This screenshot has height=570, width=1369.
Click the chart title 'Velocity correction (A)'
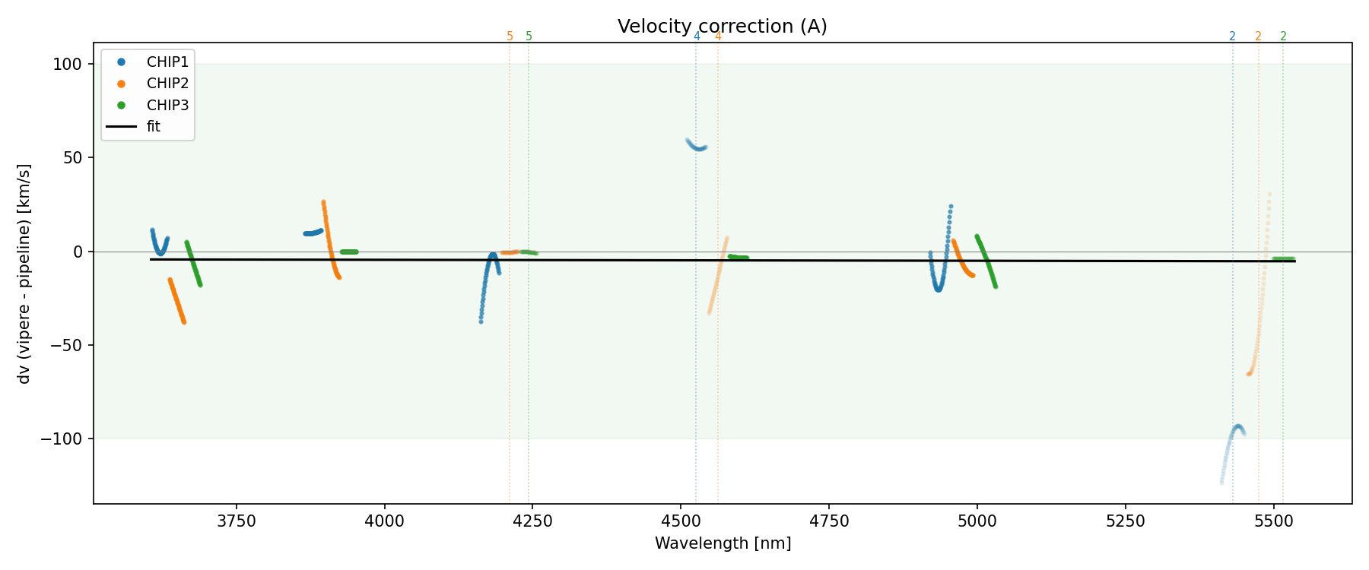(722, 27)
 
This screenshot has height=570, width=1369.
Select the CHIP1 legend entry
(167, 62)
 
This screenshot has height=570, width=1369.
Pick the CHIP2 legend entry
(167, 84)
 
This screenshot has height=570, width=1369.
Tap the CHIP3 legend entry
(167, 106)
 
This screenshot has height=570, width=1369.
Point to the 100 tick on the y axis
(67, 65)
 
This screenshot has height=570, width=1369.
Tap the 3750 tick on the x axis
(237, 521)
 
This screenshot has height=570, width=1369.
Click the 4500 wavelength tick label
(681, 521)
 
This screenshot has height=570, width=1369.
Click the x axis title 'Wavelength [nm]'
(723, 543)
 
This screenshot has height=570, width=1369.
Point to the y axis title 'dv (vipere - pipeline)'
(24, 274)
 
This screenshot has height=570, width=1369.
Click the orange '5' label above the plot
(510, 36)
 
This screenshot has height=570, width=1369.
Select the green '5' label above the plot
(529, 36)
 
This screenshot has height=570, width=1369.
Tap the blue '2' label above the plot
(1232, 36)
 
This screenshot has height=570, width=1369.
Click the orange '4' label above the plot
(718, 36)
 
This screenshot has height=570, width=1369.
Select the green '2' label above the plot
(1283, 36)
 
